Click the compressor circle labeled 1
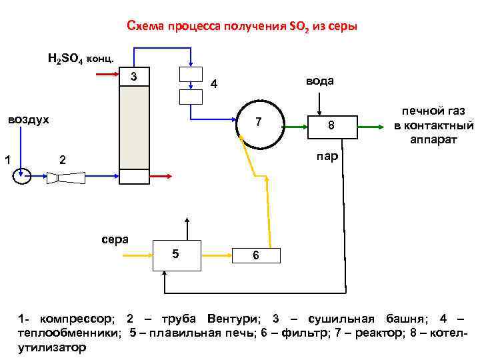tap(22, 177)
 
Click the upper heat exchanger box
tap(191, 75)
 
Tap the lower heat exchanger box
tap(191, 97)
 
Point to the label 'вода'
tap(320, 81)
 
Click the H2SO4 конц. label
tap(81, 58)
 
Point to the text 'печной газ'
tap(433, 111)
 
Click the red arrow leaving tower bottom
tap(160, 177)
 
